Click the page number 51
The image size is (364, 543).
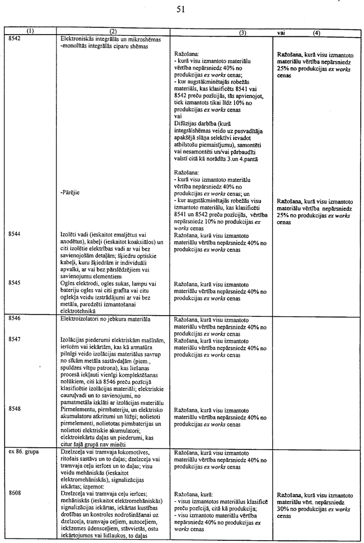tap(180, 9)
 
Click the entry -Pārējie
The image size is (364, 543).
tap(71, 190)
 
